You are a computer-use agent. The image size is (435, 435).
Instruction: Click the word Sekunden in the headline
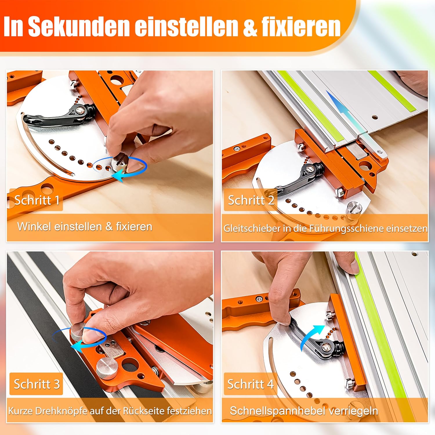coord(79,26)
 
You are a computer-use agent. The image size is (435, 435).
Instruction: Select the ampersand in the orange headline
coord(250,27)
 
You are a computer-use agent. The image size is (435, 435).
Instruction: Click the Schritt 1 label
coord(37,200)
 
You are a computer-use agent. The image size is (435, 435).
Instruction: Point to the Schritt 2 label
coord(251,200)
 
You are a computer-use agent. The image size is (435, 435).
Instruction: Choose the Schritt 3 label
coord(37,384)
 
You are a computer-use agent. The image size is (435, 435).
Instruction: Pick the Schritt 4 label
coord(251,384)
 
